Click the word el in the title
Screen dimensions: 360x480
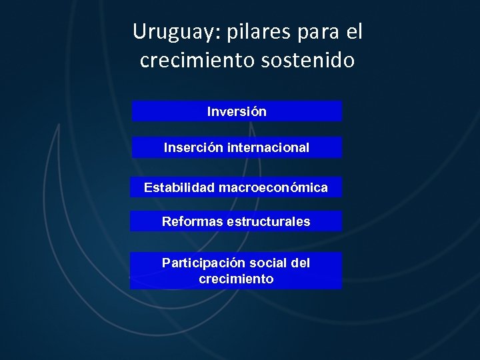tap(354, 31)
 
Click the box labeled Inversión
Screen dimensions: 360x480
tap(237, 111)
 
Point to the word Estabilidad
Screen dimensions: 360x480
tap(178, 188)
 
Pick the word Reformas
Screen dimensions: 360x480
tap(192, 221)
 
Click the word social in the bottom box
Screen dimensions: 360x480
tap(268, 263)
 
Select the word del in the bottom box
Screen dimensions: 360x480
tap(301, 263)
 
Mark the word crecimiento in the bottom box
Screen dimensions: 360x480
tap(236, 279)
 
